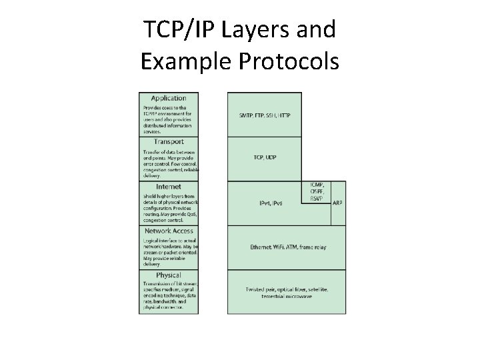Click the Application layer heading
click(168, 98)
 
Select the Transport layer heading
click(169, 142)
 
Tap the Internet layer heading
click(169, 187)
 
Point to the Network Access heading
click(169, 231)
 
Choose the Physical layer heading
click(169, 275)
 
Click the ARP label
click(339, 203)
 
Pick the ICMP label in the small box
click(317, 185)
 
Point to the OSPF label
click(317, 191)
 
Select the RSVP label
click(317, 198)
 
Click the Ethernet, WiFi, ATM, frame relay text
click(287, 247)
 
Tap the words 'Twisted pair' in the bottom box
click(256, 288)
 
